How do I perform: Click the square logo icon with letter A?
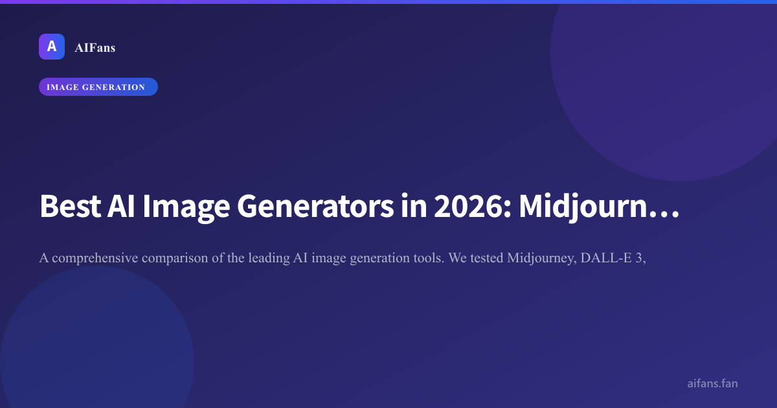tap(52, 47)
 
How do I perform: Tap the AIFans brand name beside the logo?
tap(95, 47)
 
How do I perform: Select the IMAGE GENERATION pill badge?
tap(98, 87)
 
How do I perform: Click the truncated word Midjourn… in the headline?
tap(600, 207)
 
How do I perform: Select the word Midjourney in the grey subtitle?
tap(542, 258)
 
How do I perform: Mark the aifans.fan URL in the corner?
tap(712, 383)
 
